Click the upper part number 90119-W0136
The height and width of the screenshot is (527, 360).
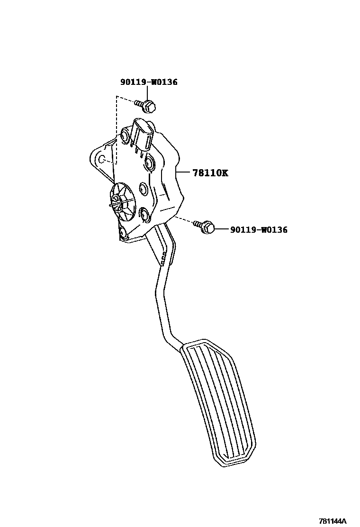[148, 82]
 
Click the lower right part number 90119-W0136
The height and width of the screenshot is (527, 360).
[259, 230]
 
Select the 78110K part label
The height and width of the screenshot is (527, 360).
[210, 173]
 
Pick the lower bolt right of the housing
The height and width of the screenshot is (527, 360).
[205, 227]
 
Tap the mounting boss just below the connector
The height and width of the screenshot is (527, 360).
[150, 164]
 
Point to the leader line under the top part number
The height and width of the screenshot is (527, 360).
[148, 94]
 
